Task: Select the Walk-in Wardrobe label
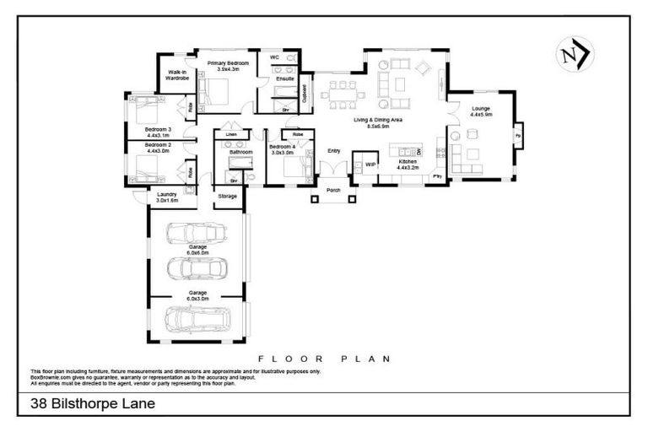tap(176, 75)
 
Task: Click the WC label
tap(274, 57)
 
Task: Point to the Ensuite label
tap(285, 78)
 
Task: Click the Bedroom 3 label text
tap(158, 129)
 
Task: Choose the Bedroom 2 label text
tap(158, 145)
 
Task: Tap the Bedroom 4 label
tap(281, 147)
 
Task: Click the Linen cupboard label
tap(230, 134)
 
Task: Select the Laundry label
tap(167, 194)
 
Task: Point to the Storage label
tap(228, 196)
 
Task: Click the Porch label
tap(333, 191)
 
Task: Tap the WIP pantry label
tap(370, 164)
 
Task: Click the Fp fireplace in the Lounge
tap(517, 133)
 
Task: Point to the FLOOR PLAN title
tap(324, 359)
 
